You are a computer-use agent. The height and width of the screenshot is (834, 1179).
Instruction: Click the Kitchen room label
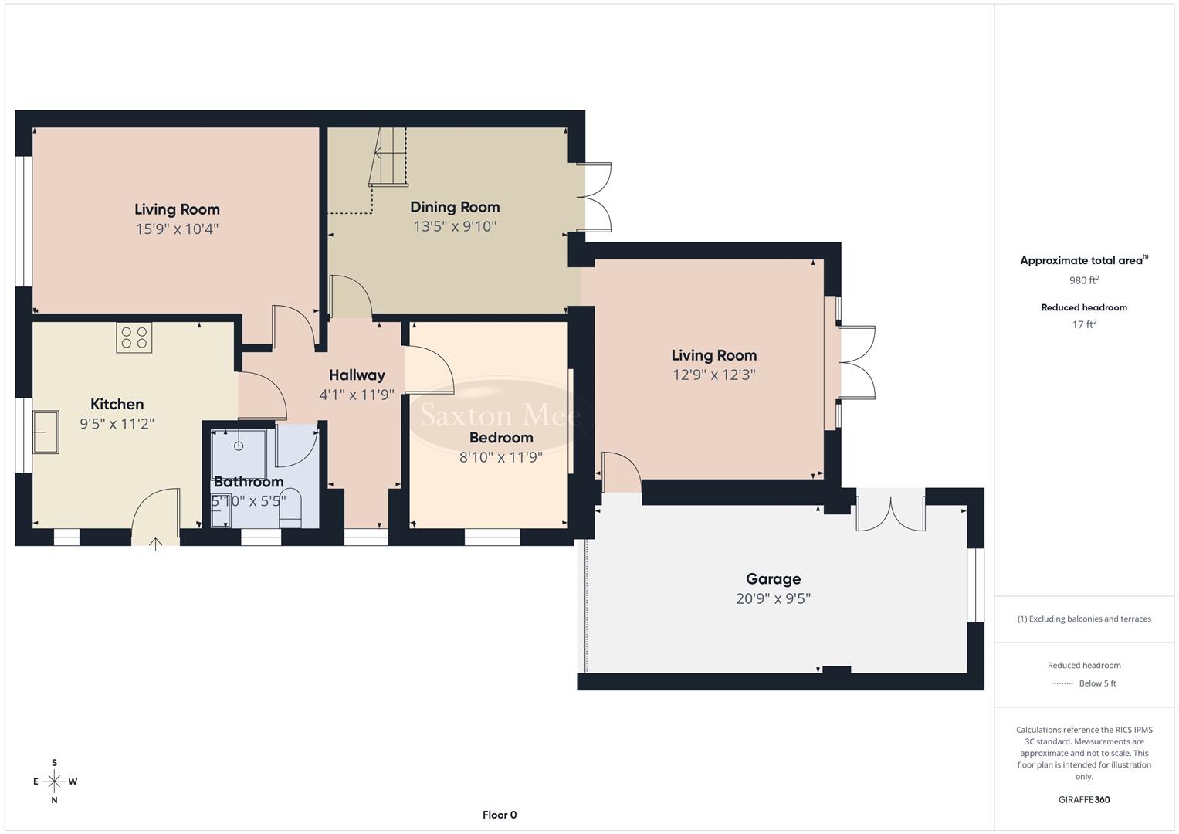pyautogui.click(x=117, y=404)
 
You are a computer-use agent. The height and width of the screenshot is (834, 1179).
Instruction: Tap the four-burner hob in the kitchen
pyautogui.click(x=134, y=337)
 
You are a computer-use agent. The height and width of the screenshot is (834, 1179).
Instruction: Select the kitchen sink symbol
pyautogui.click(x=46, y=432)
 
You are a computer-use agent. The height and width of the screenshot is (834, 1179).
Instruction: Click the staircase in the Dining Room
pyautogui.click(x=390, y=158)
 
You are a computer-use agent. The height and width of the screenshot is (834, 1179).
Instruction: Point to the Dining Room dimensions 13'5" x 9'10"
pyautogui.click(x=455, y=226)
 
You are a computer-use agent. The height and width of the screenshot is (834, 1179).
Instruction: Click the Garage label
pyautogui.click(x=773, y=578)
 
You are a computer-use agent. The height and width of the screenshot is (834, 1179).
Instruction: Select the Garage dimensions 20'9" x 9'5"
pyautogui.click(x=773, y=598)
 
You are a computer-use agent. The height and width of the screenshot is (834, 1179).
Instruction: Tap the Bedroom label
pyautogui.click(x=501, y=437)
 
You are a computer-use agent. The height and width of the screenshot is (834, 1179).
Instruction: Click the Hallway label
pyautogui.click(x=357, y=375)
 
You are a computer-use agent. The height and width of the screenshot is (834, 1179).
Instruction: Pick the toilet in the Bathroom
pyautogui.click(x=290, y=506)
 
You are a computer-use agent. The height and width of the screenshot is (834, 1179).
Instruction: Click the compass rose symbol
pyautogui.click(x=54, y=781)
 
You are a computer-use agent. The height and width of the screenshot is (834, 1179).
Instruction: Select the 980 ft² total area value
pyautogui.click(x=1084, y=280)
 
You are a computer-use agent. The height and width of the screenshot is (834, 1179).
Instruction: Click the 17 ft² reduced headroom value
pyautogui.click(x=1084, y=324)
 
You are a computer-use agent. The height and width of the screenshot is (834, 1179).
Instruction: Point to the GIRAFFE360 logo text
pyautogui.click(x=1084, y=799)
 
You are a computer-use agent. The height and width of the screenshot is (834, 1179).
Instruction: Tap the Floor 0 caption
pyautogui.click(x=500, y=815)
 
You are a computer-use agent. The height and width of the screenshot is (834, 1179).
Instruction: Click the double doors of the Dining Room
pyautogui.click(x=595, y=197)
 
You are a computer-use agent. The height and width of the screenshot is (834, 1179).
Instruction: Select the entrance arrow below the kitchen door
pyautogui.click(x=155, y=543)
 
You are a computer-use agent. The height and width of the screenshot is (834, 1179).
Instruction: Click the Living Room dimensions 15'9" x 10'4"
pyautogui.click(x=177, y=229)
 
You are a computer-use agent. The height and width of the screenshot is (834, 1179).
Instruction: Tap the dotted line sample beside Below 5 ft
pyautogui.click(x=1063, y=683)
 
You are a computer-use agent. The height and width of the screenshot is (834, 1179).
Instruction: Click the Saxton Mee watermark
pyautogui.click(x=500, y=415)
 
